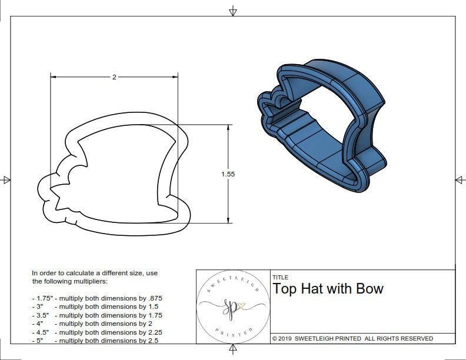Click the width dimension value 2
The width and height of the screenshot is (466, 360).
(x=114, y=77)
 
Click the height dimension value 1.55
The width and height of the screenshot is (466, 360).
(x=228, y=174)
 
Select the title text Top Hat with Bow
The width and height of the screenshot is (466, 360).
(x=328, y=289)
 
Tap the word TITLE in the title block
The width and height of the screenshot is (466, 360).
(x=281, y=278)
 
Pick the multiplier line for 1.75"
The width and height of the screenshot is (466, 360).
(x=97, y=298)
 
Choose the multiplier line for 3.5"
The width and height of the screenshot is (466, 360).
(x=97, y=315)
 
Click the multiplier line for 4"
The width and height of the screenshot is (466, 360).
(x=91, y=324)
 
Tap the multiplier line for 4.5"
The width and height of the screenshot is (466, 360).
(x=97, y=332)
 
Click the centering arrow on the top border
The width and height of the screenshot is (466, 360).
(x=233, y=11)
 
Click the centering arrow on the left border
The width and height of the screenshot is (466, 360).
(x=6, y=179)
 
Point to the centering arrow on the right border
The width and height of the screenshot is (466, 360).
(x=459, y=179)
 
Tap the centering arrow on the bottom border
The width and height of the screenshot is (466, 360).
(x=233, y=350)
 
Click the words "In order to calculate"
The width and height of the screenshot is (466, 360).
(x=61, y=274)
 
